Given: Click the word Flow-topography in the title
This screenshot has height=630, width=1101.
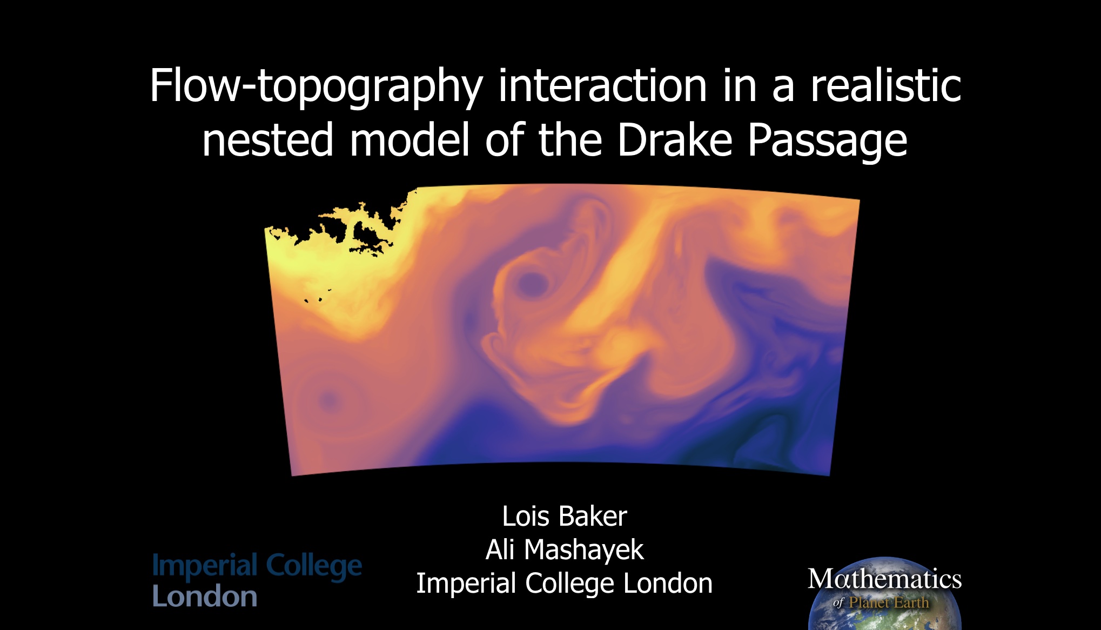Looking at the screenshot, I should (x=316, y=86).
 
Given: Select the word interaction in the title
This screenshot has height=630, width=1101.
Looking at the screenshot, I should (x=602, y=86).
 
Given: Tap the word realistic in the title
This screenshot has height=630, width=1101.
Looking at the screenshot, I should (x=885, y=86).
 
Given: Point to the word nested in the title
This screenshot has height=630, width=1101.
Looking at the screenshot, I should (x=268, y=140).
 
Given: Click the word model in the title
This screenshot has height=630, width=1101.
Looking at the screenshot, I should (x=409, y=140).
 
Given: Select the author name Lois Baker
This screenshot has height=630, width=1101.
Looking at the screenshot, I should (x=564, y=516).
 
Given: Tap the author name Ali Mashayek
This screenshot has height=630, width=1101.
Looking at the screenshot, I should (x=564, y=550).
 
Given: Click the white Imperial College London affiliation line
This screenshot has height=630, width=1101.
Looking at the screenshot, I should (x=564, y=584).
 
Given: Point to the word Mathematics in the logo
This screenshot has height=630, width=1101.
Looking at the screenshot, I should (x=884, y=579).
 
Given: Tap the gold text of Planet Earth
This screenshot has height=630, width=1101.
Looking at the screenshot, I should (x=888, y=602).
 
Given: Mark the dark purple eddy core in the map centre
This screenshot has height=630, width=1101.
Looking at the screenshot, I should (x=531, y=283).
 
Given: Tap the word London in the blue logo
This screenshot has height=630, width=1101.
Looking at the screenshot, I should (x=205, y=597).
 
